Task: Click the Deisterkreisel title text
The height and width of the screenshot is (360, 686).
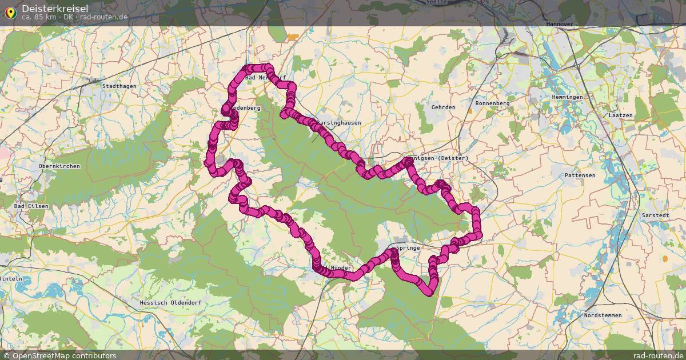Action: tap(55, 8)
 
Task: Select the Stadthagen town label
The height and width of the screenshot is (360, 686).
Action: tap(118, 86)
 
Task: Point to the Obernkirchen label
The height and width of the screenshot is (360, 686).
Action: tap(59, 166)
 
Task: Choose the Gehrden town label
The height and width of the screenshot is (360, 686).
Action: tap(444, 107)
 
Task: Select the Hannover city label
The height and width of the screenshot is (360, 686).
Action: tap(560, 25)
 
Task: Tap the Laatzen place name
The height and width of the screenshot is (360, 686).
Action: tap(621, 115)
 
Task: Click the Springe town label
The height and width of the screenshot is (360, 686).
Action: tap(408, 248)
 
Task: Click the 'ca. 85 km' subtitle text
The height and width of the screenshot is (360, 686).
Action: tap(40, 17)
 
